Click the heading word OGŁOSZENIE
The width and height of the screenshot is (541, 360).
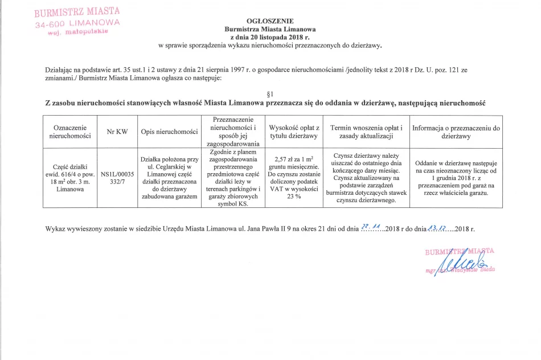[270, 21]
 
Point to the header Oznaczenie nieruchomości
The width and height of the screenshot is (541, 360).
[70, 132]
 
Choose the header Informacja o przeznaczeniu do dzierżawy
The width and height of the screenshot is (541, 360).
[456, 132]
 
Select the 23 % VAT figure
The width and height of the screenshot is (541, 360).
[293, 196]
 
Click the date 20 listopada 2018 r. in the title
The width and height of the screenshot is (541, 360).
[270, 36]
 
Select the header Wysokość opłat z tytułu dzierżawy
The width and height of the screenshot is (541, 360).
[294, 132]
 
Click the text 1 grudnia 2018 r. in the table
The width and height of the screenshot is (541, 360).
[456, 178]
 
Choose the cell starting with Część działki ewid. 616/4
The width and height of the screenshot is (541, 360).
[70, 178]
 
